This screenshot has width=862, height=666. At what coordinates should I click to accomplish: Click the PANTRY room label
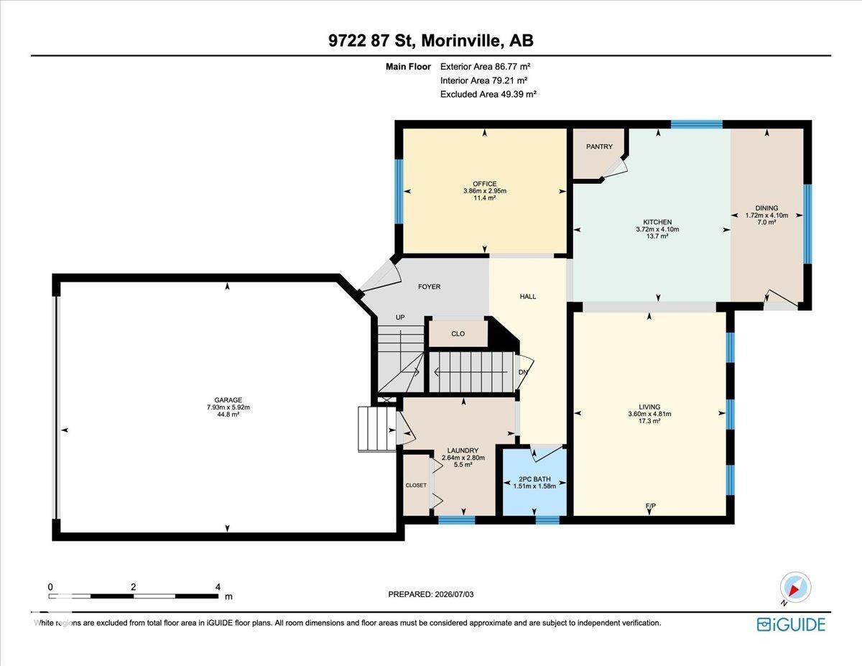tap(599, 147)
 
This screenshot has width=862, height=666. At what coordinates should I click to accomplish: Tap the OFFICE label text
tap(484, 184)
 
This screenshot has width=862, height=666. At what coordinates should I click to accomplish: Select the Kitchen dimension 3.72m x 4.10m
tap(657, 229)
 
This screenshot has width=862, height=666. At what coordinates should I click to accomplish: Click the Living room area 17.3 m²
tap(649, 421)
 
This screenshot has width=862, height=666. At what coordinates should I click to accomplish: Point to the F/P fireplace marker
tap(651, 506)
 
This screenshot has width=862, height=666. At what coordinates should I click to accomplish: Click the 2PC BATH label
tap(534, 478)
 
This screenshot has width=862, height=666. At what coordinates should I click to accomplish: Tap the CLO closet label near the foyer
tap(458, 333)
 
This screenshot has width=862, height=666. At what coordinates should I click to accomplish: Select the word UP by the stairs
tap(400, 318)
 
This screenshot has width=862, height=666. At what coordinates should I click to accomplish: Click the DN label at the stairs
tap(523, 372)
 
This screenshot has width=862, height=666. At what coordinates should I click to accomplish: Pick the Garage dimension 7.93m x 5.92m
tap(228, 407)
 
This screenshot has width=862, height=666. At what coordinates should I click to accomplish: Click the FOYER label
tap(430, 287)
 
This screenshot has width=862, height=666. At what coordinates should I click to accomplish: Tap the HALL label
tap(527, 296)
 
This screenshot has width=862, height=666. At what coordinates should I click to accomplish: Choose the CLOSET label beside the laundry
tap(416, 485)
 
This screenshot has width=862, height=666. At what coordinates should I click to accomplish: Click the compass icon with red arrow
tap(795, 588)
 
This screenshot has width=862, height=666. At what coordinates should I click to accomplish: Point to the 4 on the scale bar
tap(218, 587)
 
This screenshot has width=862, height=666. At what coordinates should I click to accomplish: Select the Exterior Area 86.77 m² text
tap(485, 66)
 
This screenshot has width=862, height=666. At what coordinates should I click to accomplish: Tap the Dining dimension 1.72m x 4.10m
tap(766, 215)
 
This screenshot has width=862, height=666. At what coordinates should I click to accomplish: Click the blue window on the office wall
tap(399, 192)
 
